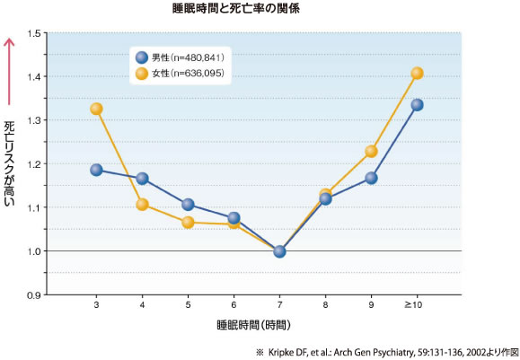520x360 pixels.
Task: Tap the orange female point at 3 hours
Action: (x=96, y=109)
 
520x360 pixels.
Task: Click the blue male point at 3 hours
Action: (x=96, y=170)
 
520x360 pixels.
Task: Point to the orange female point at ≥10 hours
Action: (x=417, y=74)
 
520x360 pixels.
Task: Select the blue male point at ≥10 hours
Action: (x=417, y=105)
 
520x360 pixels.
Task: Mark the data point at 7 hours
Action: (x=279, y=251)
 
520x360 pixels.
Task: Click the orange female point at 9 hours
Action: (x=371, y=151)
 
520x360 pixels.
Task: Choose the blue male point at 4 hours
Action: (x=142, y=179)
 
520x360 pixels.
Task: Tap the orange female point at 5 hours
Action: (x=188, y=222)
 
